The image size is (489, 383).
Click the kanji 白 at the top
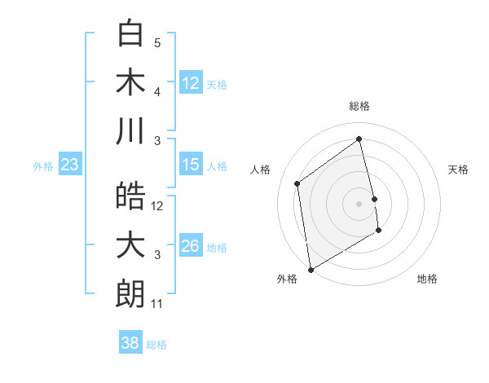[130, 34]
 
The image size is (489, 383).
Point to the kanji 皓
[130, 196]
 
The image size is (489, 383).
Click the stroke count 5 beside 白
[157, 43]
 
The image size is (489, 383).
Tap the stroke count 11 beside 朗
[157, 304]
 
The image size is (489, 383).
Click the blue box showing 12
[191, 83]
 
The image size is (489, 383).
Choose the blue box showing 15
[191, 165]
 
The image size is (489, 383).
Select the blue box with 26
[191, 247]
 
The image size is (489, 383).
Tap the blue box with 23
[70, 165]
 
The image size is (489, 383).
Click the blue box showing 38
[130, 343]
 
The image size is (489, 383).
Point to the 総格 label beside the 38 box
[156, 345]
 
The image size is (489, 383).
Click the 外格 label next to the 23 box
[43, 166]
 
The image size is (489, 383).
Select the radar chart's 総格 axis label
[359, 106]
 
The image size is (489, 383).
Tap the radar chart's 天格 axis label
[459, 169]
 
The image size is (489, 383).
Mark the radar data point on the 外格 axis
[311, 270]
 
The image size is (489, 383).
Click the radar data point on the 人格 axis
[297, 183]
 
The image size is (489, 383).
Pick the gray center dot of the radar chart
[359, 203]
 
